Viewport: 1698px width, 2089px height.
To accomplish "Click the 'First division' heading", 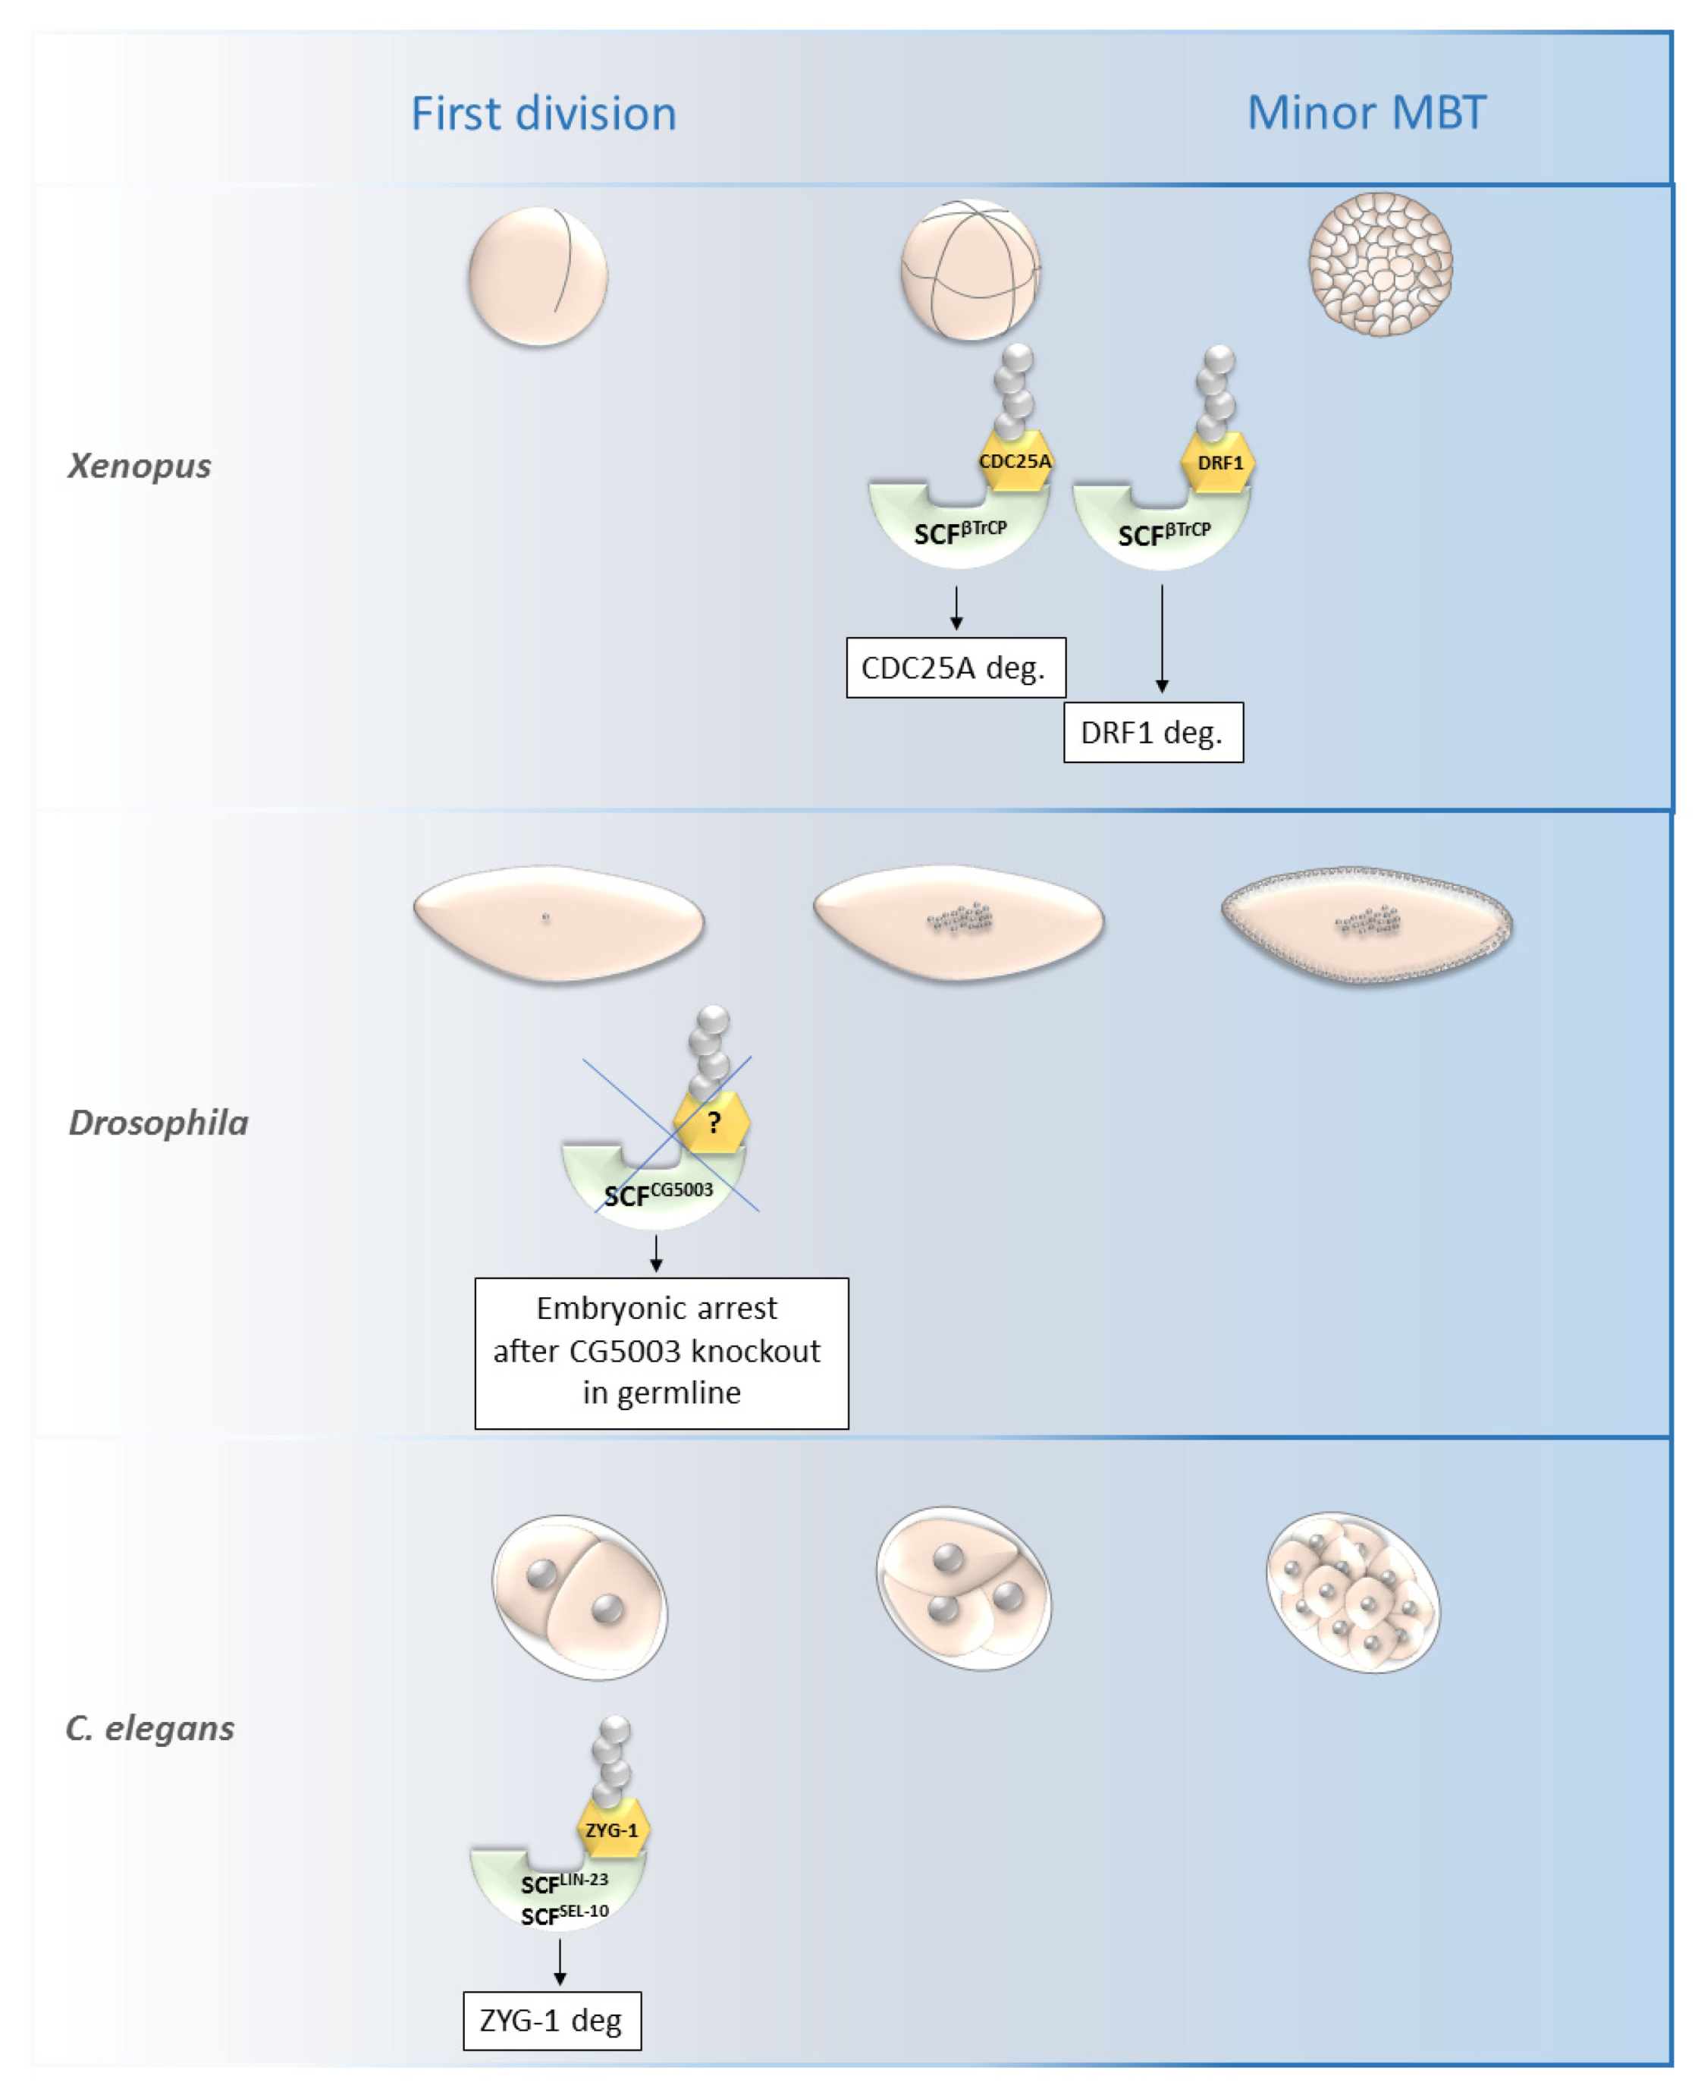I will click(543, 114).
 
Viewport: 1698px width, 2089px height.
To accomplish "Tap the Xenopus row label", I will click(139, 465).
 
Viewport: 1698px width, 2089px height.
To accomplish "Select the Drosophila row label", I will click(159, 1123).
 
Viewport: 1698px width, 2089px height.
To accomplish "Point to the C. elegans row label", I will click(149, 1728).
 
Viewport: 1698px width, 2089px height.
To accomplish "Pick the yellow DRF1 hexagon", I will click(1219, 463).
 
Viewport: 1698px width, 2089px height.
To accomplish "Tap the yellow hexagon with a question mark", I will click(713, 1123).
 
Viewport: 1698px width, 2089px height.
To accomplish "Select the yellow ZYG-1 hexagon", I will click(611, 1830).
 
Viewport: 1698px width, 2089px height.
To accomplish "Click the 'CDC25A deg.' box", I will click(955, 668).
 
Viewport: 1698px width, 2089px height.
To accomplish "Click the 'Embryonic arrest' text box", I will click(661, 1352).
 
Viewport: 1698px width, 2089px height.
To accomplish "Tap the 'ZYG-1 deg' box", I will click(551, 2021).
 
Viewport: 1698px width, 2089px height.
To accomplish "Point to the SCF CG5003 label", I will click(658, 1194).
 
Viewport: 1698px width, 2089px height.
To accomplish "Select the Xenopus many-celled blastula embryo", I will click(1380, 264).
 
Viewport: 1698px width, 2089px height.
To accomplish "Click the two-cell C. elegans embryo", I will click(580, 1597).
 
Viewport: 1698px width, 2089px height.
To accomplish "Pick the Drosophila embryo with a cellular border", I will click(1367, 925).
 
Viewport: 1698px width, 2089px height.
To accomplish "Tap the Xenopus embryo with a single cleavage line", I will click(538, 276).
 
